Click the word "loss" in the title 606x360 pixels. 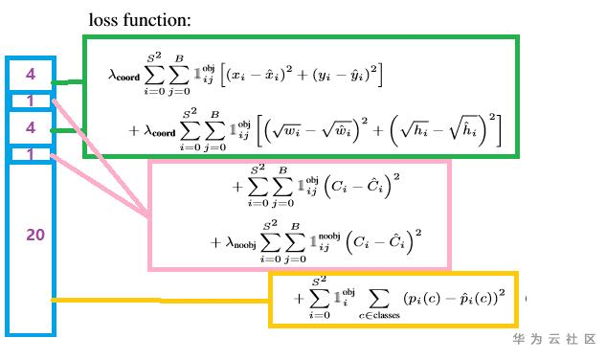(103, 20)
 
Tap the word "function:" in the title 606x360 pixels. (157, 20)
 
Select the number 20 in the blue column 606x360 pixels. (35, 235)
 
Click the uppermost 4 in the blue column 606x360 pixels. (31, 74)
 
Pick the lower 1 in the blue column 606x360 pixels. (30, 155)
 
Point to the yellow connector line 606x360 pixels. (161, 300)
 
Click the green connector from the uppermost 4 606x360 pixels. (67, 82)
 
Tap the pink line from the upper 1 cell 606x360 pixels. (100, 159)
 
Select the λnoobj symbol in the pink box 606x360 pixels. (241, 243)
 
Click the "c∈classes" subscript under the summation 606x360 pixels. (379, 315)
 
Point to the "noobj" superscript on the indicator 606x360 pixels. (329, 236)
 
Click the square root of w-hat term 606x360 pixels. (337, 131)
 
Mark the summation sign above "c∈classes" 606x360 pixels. (379, 299)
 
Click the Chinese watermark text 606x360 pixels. (554, 339)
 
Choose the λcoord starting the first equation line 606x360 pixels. (123, 75)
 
